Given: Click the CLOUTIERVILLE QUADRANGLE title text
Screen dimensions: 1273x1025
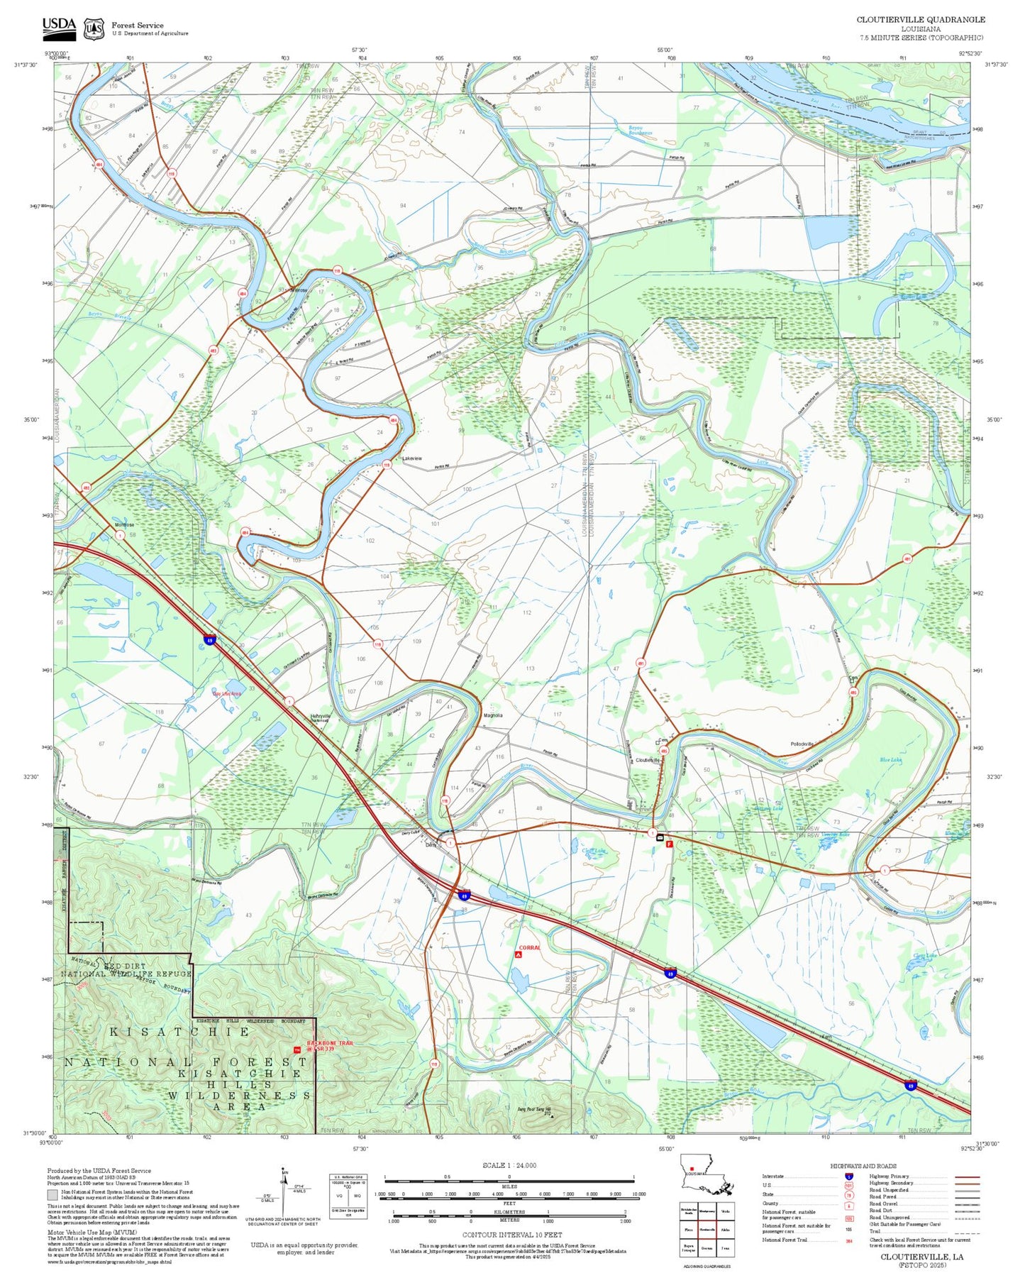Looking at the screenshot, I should pyautogui.click(x=920, y=20).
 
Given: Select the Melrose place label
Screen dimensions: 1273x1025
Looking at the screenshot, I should pyautogui.click(x=299, y=290).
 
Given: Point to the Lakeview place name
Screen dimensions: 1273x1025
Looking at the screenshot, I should pyautogui.click(x=411, y=458).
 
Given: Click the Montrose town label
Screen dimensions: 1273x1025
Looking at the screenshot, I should pyautogui.click(x=125, y=525).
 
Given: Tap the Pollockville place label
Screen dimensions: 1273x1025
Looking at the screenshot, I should pyautogui.click(x=802, y=744).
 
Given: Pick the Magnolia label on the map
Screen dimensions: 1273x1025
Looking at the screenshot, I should pyautogui.click(x=493, y=715).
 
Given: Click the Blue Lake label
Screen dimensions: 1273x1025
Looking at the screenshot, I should pyautogui.click(x=890, y=760).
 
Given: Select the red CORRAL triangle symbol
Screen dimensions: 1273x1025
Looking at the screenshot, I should pyautogui.click(x=519, y=955).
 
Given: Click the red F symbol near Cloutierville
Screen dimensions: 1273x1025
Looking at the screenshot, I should pyautogui.click(x=669, y=844).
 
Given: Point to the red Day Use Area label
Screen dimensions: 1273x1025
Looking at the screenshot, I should pyautogui.click(x=227, y=694).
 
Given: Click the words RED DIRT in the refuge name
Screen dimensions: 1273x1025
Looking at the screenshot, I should pyautogui.click(x=125, y=966).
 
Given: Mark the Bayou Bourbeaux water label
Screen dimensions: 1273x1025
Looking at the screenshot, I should pyautogui.click(x=641, y=131).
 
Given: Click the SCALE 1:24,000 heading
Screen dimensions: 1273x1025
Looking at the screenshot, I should pyautogui.click(x=509, y=1165).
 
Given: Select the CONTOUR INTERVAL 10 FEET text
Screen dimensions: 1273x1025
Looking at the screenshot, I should pyautogui.click(x=509, y=1235).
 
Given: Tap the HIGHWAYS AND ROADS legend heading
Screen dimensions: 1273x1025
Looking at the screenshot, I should pyautogui.click(x=863, y=1166).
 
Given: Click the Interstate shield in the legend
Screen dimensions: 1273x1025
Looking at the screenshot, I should pyautogui.click(x=848, y=1176).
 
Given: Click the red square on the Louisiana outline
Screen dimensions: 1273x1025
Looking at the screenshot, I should pyautogui.click(x=692, y=1169).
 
